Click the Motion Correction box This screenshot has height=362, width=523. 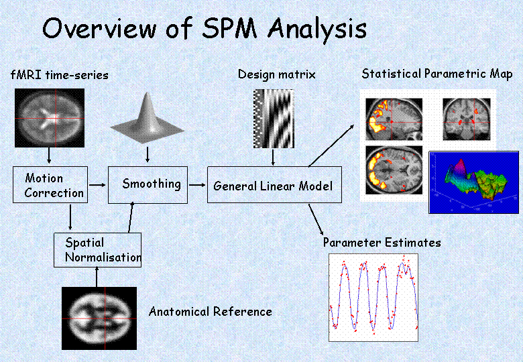point(50,185)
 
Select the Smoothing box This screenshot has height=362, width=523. point(148,184)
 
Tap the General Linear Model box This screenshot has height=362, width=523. point(274,185)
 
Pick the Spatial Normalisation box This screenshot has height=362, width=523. point(98,250)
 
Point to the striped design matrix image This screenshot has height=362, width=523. point(274,119)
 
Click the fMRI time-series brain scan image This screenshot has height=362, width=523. point(49,119)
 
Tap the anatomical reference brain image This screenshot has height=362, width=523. point(99,318)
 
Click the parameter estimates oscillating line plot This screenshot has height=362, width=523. point(373,295)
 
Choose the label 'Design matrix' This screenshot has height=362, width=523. point(276,74)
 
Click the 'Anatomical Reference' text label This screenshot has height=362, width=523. point(210,312)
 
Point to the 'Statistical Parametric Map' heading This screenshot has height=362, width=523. point(437,74)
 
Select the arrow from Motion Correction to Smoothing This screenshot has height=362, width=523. point(98,183)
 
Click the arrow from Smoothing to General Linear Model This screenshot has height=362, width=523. point(196,183)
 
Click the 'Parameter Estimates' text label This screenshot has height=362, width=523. point(382,242)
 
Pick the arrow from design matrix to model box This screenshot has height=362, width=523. point(273,157)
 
